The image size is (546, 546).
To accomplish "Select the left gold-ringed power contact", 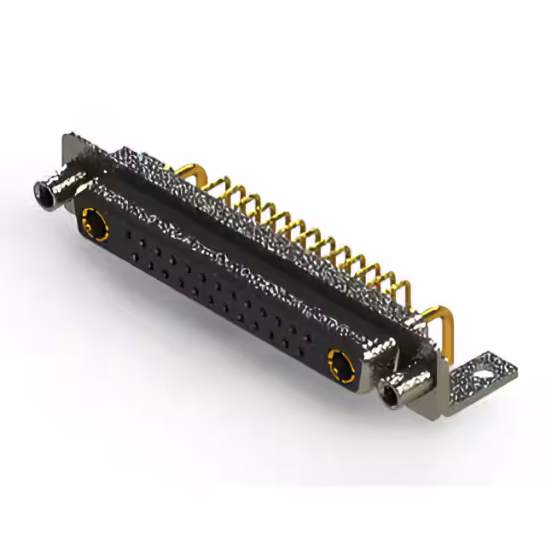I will coord(93,227).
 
